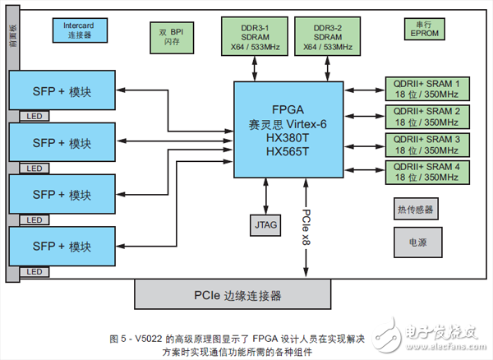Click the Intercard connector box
80,30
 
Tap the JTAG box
265,223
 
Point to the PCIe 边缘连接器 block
237,294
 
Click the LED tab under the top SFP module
34,116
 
